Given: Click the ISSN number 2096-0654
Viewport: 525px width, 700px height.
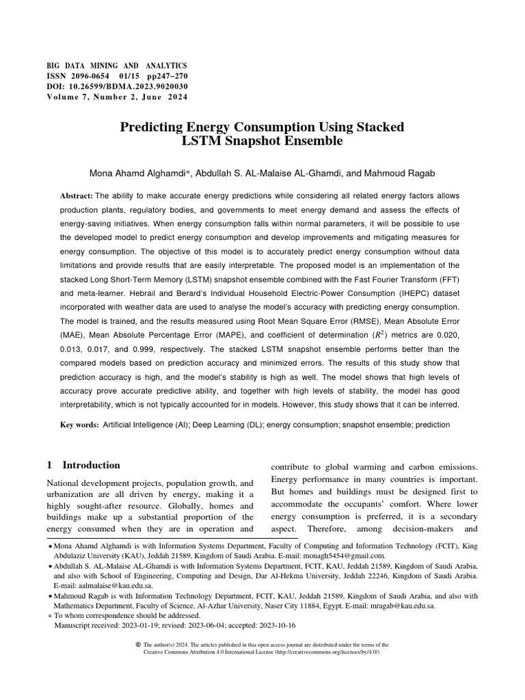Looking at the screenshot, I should click(91, 76).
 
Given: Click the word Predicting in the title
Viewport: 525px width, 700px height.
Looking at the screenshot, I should click(151, 127).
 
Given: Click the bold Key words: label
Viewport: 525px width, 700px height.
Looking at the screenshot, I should click(80, 425).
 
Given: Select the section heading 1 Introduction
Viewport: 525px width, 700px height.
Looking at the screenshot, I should click(83, 465).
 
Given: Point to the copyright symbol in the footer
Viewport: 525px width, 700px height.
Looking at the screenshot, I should click(139, 644).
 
